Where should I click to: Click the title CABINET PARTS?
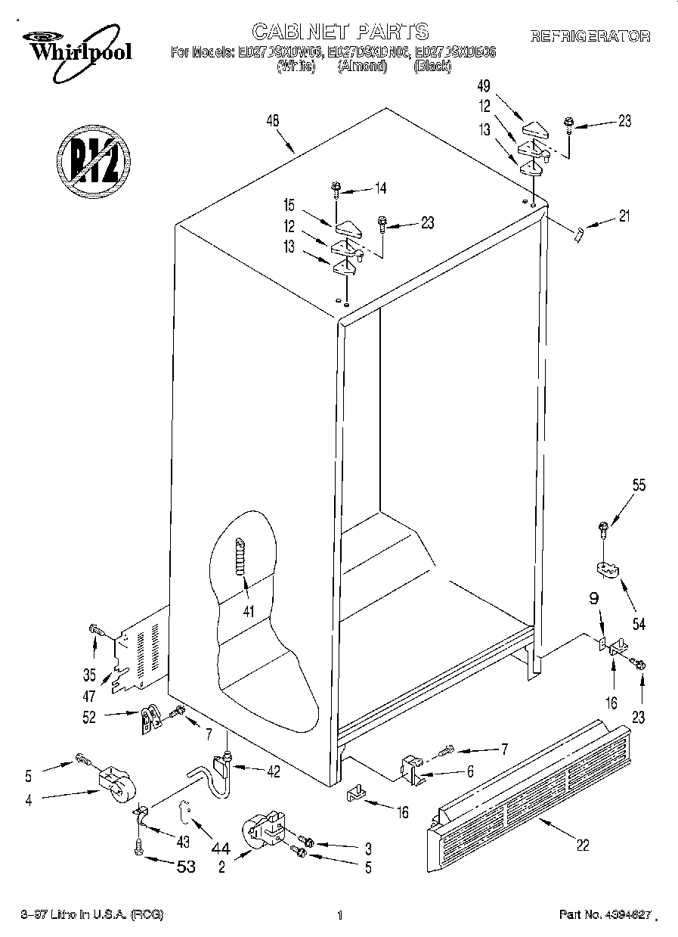[339, 31]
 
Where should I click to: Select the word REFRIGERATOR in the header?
[590, 36]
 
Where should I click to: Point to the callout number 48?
[273, 119]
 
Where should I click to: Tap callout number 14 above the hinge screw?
[379, 189]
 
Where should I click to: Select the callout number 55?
[639, 486]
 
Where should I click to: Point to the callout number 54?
[639, 625]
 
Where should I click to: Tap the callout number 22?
[582, 845]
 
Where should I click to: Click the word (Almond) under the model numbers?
[361, 67]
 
